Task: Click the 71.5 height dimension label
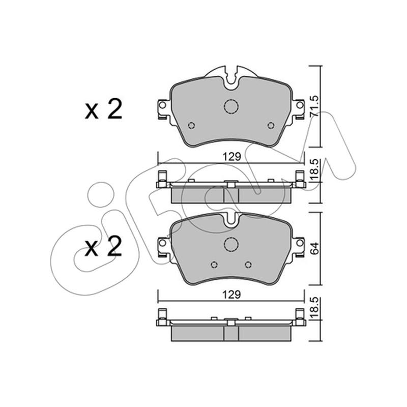click(x=314, y=106)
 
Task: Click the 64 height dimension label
click(x=314, y=248)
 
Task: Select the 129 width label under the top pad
click(x=232, y=157)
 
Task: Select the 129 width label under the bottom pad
click(x=232, y=295)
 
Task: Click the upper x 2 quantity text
click(x=103, y=109)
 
